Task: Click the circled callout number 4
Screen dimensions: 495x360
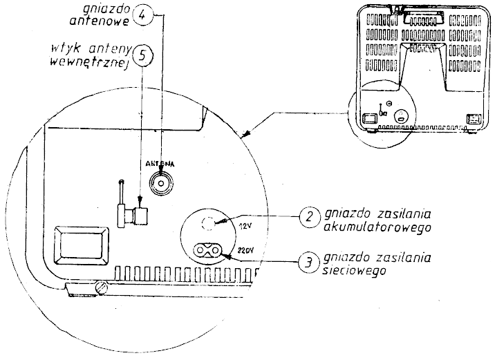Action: point(142,15)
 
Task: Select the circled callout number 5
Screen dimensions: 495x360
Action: point(142,56)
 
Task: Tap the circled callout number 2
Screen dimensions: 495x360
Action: point(310,217)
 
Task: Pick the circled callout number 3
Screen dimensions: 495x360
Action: point(308,263)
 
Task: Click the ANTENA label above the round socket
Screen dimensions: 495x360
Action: point(160,164)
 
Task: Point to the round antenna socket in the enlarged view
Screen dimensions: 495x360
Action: point(162,183)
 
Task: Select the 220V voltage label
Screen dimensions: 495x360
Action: point(245,251)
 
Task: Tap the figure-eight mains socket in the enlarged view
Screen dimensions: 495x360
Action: point(207,250)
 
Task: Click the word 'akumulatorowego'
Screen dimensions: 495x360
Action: point(377,228)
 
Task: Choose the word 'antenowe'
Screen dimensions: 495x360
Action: point(100,21)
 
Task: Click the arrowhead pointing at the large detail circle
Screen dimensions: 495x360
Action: point(245,134)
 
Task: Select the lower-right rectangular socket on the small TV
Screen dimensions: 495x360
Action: point(474,120)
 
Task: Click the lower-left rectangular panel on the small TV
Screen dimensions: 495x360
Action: point(371,119)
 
